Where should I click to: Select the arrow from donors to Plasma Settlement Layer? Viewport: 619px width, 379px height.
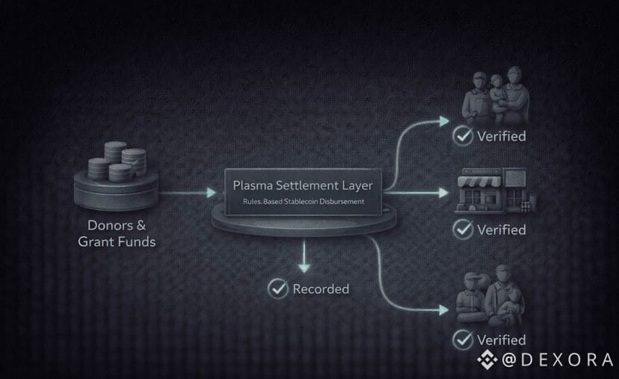(188, 193)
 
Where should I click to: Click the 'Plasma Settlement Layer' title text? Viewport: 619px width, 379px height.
(303, 185)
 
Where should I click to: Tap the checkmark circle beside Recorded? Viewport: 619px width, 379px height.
(279, 288)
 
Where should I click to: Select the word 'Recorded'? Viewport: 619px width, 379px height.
(321, 289)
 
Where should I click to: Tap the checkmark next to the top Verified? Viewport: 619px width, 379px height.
(464, 136)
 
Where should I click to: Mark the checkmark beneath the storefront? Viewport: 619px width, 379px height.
(464, 229)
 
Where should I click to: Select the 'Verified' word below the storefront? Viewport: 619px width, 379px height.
(502, 229)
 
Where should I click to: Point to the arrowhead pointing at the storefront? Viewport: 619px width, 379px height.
(443, 192)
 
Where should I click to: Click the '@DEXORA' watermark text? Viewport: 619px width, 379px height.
(557, 360)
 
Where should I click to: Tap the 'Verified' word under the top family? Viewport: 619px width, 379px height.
(502, 136)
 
